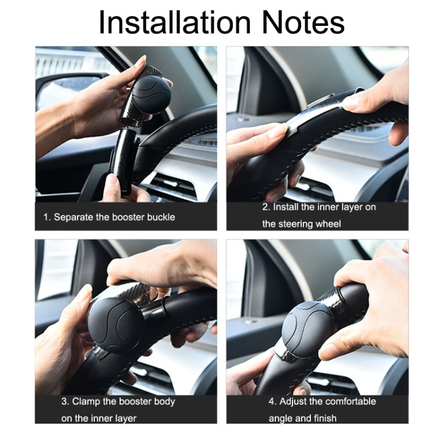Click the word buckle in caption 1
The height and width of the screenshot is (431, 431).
pos(161,217)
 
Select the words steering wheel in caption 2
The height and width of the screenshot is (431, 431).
pos(310,224)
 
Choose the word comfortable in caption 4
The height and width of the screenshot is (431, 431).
pos(350,401)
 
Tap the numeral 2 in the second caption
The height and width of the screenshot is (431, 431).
pos(265,207)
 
